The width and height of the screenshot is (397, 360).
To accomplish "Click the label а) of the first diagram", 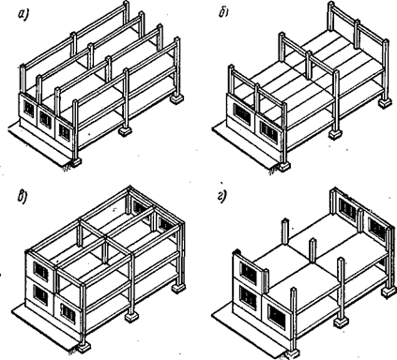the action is (x=23, y=13).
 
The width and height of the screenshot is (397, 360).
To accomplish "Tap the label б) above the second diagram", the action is (x=223, y=12).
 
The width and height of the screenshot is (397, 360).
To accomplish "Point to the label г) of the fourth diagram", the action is (x=221, y=196).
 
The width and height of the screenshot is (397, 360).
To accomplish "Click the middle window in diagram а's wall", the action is (x=45, y=119).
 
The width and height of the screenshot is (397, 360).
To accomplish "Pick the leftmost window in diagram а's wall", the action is (x=29, y=110).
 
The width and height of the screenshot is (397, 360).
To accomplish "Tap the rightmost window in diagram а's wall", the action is (x=64, y=132).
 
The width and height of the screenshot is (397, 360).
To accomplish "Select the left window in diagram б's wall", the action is (x=242, y=114).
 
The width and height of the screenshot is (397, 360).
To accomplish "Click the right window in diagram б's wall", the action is (x=268, y=132).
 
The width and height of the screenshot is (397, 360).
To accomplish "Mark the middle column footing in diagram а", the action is (x=126, y=130).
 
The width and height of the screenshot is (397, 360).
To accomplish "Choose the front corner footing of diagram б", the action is (x=284, y=166).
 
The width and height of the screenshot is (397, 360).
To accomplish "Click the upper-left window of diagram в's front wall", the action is (x=40, y=271).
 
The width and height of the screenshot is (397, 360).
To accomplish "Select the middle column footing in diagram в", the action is (x=131, y=317).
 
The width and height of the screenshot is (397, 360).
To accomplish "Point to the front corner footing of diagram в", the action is (x=84, y=347).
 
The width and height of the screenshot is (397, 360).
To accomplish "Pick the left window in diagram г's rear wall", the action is (x=347, y=208).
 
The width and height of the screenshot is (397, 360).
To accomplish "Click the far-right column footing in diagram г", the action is (x=388, y=291).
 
